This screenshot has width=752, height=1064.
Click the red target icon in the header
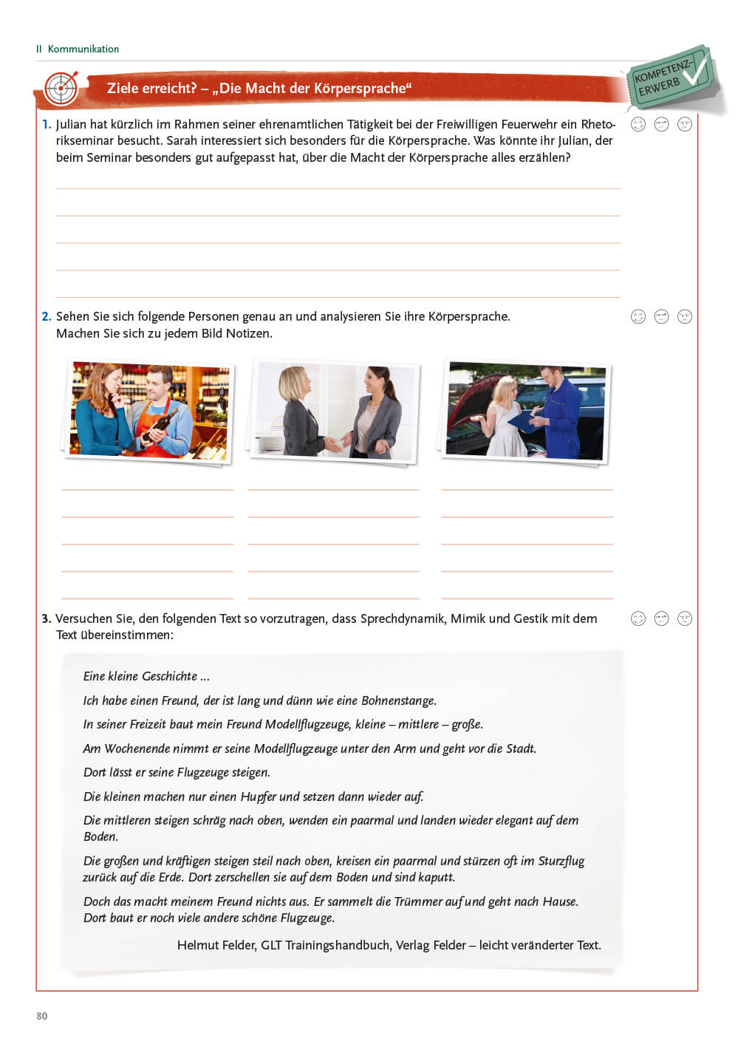tap(61, 89)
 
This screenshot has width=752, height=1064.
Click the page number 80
tap(42, 1016)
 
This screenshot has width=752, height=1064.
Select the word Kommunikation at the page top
tap(83, 49)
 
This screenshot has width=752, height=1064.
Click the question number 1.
tap(47, 124)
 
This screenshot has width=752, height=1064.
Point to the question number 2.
tap(47, 316)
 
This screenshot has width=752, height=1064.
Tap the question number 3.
tap(47, 618)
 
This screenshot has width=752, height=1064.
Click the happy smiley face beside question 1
tap(638, 124)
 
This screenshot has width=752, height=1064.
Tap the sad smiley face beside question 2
tap(685, 316)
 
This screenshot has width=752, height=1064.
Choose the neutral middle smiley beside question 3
tap(661, 618)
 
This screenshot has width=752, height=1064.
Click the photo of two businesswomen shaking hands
tap(335, 411)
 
